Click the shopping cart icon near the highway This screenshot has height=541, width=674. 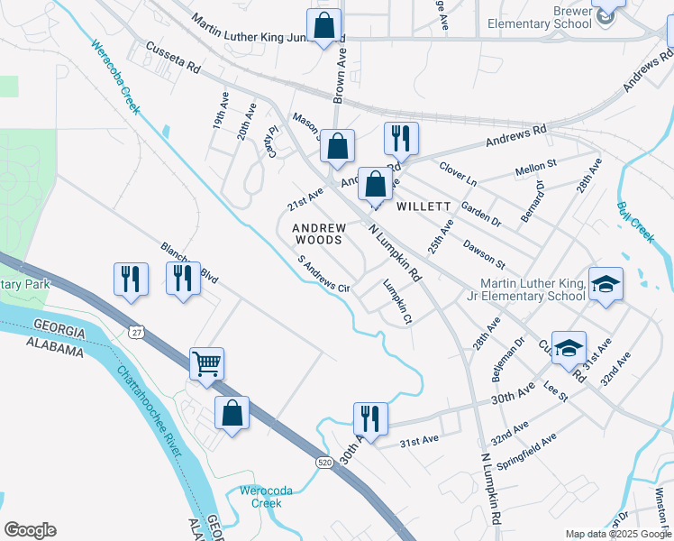(206, 364)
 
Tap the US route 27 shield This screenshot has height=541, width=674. (136, 333)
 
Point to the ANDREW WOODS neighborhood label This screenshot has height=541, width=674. (318, 234)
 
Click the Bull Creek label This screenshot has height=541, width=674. (635, 221)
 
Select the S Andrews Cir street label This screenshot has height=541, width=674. (323, 275)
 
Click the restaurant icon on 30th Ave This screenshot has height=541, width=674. (370, 417)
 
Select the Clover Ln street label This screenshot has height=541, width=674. (458, 173)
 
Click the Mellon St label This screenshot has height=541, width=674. (536, 169)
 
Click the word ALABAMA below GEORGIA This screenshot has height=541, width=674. (57, 344)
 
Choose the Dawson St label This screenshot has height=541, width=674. (484, 252)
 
